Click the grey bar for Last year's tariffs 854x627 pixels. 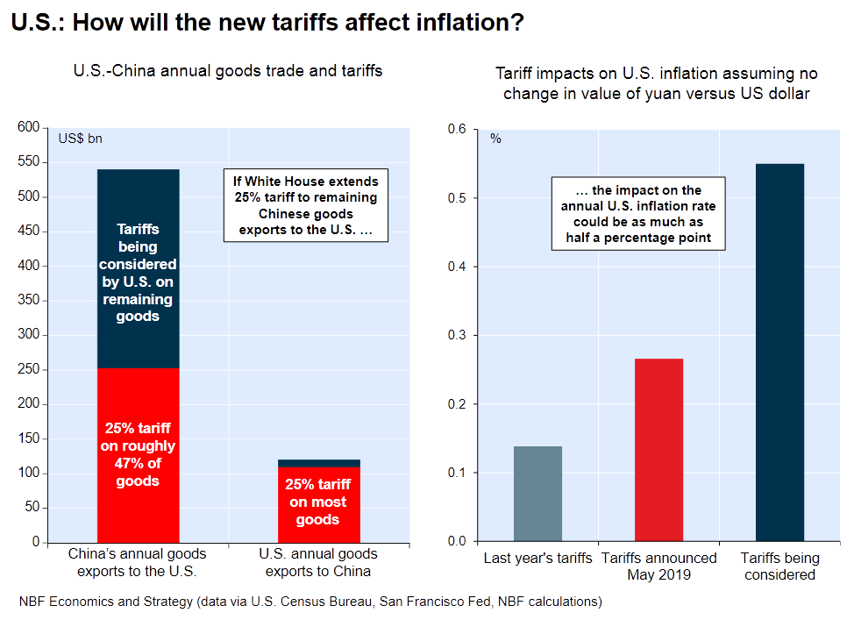(x=537, y=494)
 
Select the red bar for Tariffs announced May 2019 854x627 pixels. (x=658, y=450)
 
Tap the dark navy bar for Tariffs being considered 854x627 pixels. (x=779, y=353)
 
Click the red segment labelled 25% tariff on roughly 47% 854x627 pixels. (x=138, y=455)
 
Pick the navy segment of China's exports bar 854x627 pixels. (x=138, y=268)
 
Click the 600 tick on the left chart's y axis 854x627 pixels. (x=29, y=128)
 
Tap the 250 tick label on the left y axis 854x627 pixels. (x=29, y=370)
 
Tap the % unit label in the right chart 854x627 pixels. (x=495, y=139)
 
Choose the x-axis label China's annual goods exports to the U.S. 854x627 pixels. (x=138, y=562)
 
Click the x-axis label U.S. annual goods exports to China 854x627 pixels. (x=317, y=562)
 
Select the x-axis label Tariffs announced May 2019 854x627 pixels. (x=658, y=566)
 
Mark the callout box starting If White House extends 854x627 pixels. (x=305, y=206)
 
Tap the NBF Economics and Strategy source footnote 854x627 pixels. (x=310, y=602)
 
